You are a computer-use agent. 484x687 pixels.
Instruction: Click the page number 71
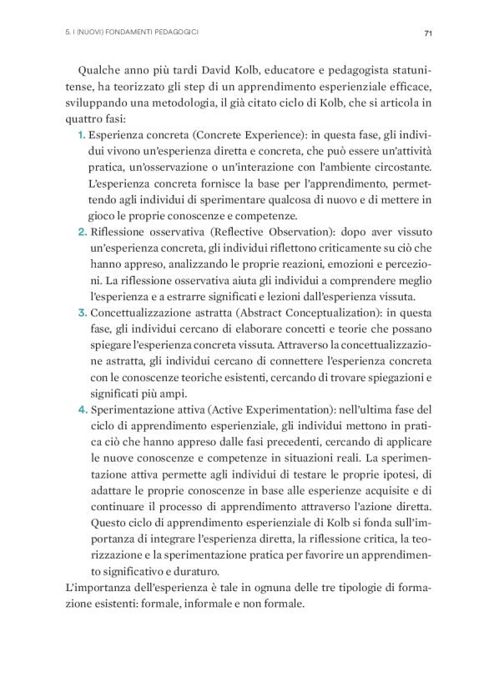point(426,33)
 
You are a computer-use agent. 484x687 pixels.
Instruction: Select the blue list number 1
point(80,133)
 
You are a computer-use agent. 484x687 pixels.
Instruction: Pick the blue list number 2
point(80,243)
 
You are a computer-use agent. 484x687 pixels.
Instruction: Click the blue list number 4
point(80,409)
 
